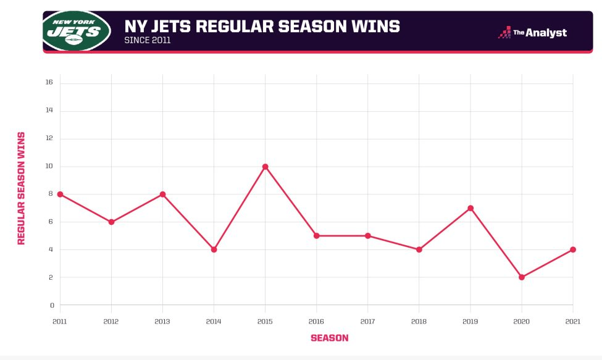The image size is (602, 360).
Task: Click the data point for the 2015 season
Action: tap(265, 167)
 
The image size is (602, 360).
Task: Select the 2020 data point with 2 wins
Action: tap(522, 277)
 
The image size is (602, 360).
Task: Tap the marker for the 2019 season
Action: tap(470, 208)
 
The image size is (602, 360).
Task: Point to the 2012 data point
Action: tap(111, 222)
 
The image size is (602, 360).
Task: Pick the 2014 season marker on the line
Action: tap(214, 249)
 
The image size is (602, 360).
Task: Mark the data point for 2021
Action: tap(573, 249)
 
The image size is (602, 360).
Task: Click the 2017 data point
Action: tap(368, 235)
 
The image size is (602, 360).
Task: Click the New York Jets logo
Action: tap(77, 30)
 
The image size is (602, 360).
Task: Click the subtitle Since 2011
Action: tap(148, 41)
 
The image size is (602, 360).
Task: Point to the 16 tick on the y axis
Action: tap(49, 82)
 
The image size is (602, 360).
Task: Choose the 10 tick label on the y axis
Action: tap(49, 166)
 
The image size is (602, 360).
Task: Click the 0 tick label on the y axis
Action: tap(52, 305)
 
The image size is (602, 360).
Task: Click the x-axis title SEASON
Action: tap(329, 338)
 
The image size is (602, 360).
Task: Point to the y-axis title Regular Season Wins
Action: tap(22, 188)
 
